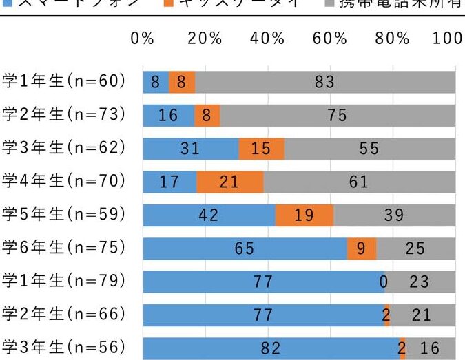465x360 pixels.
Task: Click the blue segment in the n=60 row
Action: pyautogui.click(x=156, y=83)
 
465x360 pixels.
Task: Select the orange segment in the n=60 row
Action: pyautogui.click(x=182, y=83)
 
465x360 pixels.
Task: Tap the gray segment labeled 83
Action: pyautogui.click(x=325, y=83)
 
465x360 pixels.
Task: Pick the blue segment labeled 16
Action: pyautogui.click(x=168, y=116)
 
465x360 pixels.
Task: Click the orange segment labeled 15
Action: pyautogui.click(x=261, y=149)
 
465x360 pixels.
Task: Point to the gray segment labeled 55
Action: pyautogui.click(x=369, y=149)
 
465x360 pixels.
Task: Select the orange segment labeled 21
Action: pyautogui.click(x=229, y=182)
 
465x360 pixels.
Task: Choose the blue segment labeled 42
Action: pyautogui.click(x=209, y=215)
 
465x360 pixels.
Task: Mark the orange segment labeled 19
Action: pyautogui.click(x=304, y=215)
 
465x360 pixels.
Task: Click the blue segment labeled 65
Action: pyautogui.click(x=245, y=248)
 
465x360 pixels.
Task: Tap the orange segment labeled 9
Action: pyautogui.click(x=361, y=248)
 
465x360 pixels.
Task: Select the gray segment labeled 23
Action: pyautogui.click(x=419, y=282)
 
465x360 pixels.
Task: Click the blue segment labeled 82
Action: pyautogui.click(x=271, y=348)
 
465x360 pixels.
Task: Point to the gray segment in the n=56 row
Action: pyautogui.click(x=430, y=348)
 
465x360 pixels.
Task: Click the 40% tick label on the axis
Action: pyautogui.click(x=267, y=39)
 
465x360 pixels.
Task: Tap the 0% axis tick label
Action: pyautogui.click(x=143, y=39)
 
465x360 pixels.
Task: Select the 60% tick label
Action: pyautogui.click(x=330, y=39)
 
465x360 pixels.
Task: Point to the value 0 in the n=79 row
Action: pyautogui.click(x=383, y=282)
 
